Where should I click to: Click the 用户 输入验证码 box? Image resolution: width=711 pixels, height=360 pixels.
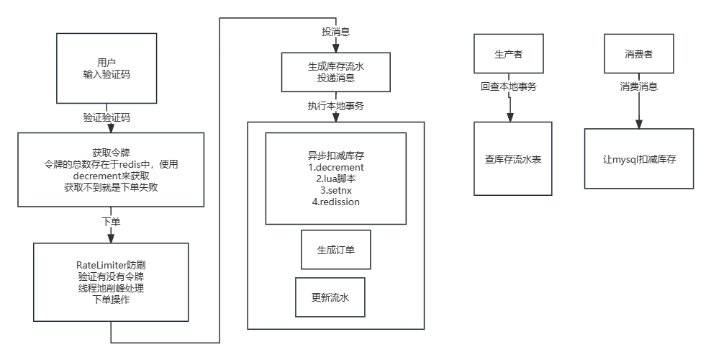[107, 68]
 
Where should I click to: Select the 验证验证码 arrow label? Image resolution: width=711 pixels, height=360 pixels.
[107, 116]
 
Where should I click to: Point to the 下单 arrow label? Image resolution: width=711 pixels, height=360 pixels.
[111, 221]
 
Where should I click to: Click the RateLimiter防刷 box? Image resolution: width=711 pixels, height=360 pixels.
[111, 282]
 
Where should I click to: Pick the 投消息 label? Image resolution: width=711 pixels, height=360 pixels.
[335, 32]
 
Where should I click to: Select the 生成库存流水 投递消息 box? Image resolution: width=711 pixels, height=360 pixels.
[335, 72]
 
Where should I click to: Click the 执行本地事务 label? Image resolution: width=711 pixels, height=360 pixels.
[335, 106]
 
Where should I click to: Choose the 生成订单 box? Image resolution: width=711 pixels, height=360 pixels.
[335, 249]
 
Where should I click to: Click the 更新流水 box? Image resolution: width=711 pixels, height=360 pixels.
[330, 297]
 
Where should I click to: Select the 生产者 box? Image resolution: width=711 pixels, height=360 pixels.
[508, 55]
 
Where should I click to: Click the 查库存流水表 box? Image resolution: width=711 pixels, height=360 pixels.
[512, 158]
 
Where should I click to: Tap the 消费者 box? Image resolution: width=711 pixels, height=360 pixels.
[638, 55]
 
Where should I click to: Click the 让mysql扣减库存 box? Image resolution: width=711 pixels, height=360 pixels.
[639, 158]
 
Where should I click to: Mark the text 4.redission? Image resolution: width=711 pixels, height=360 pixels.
[335, 202]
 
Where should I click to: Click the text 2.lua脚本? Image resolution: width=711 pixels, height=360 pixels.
[335, 179]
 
